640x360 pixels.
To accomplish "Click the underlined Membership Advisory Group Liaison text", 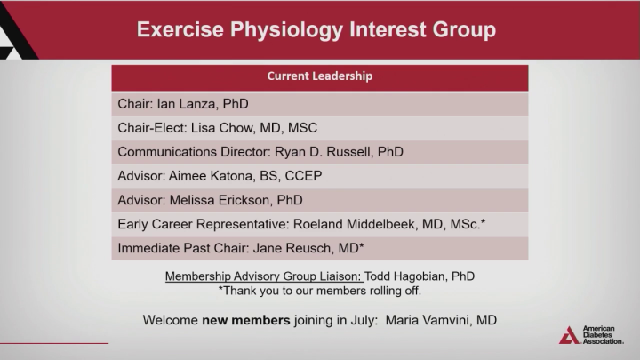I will [264, 276].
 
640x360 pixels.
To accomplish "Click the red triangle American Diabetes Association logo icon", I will [569, 335].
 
